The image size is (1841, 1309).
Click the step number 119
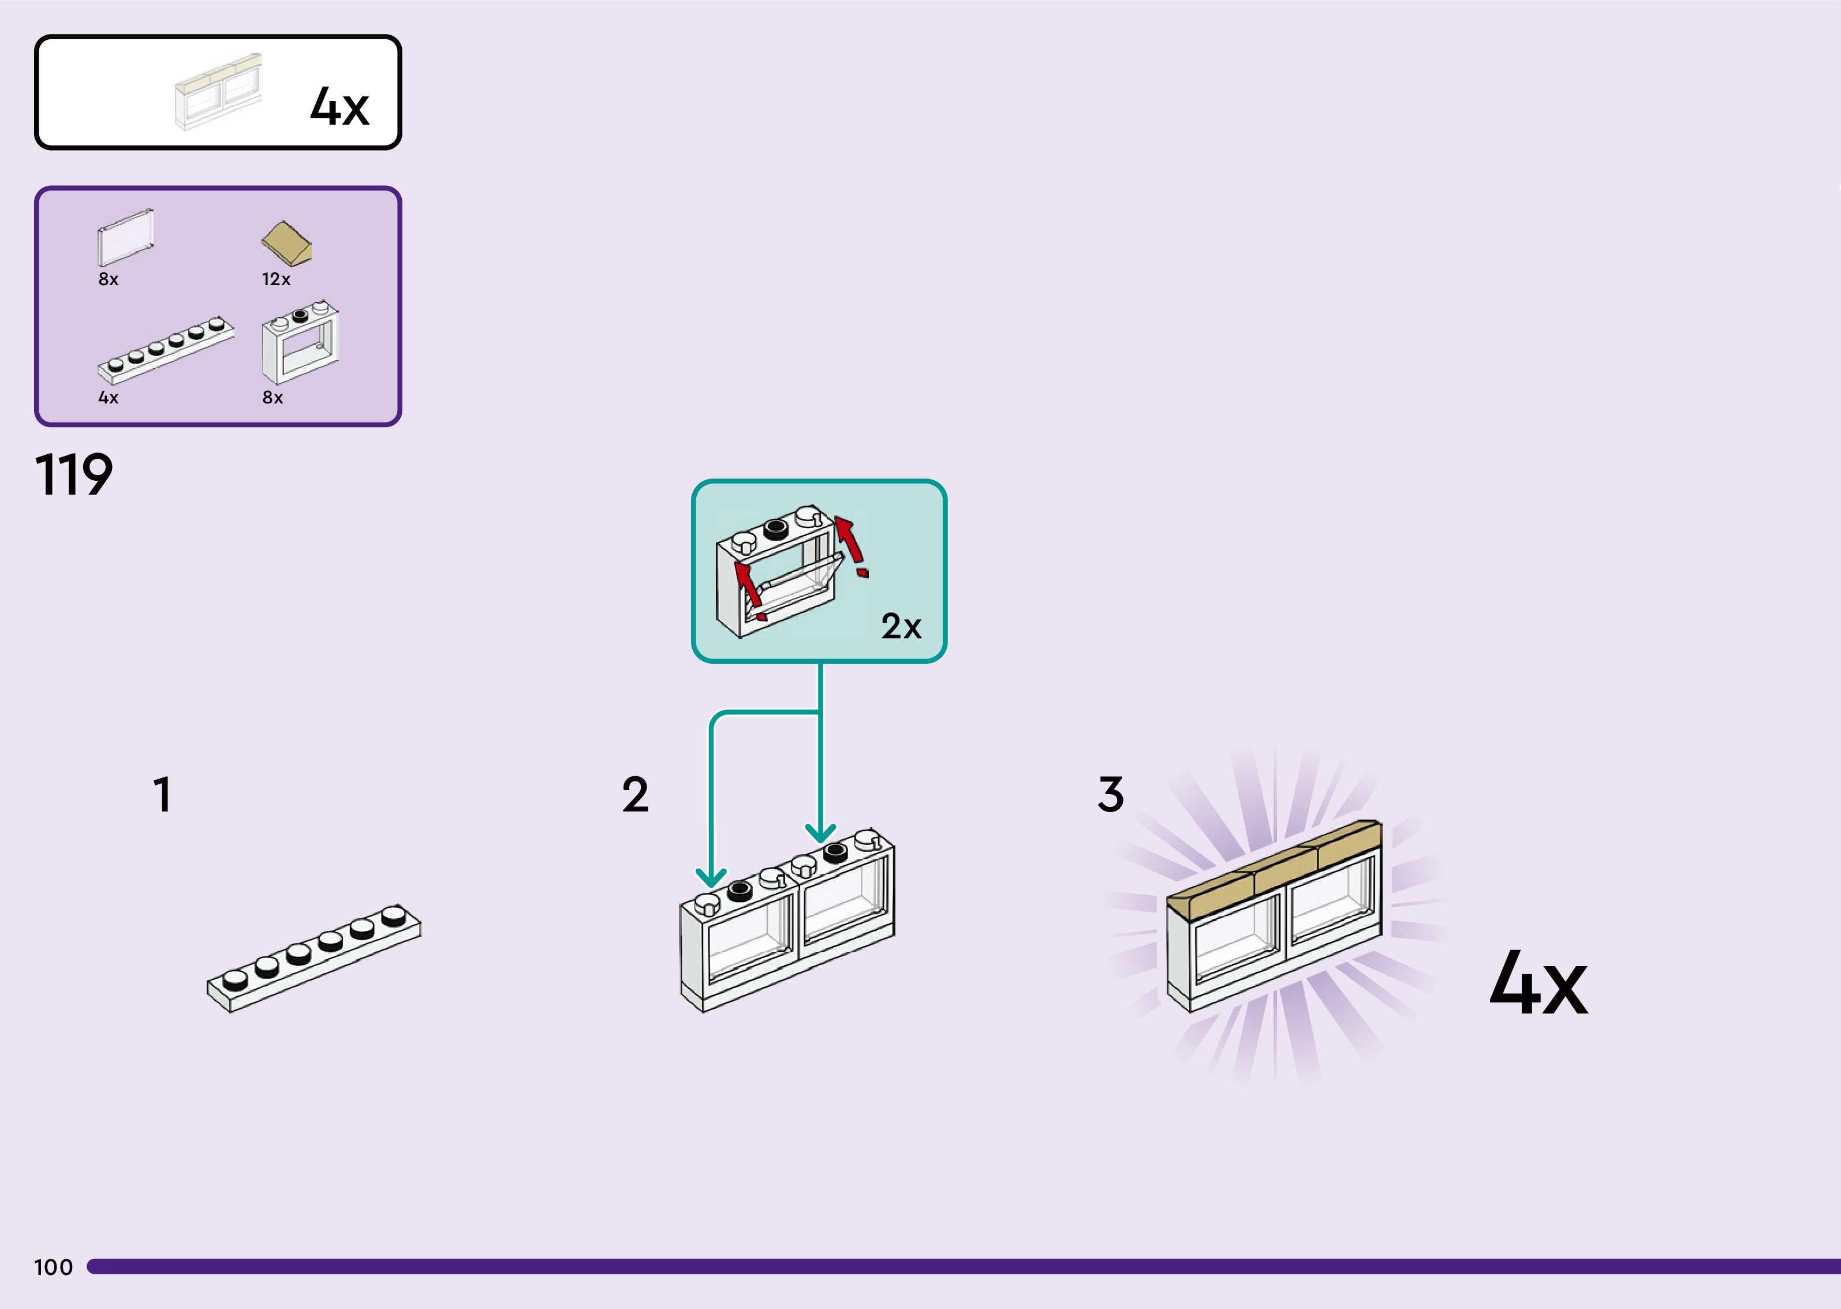(x=73, y=475)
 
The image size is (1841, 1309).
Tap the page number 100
(x=53, y=1267)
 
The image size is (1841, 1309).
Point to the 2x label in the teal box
(x=901, y=626)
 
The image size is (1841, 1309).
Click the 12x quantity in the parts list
(x=276, y=279)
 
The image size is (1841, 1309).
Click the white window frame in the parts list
(x=300, y=343)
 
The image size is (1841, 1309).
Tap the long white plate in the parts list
(x=165, y=348)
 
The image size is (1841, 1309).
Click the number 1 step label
(x=162, y=795)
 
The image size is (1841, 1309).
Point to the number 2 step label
(x=635, y=795)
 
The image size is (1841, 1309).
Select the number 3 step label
(x=1110, y=795)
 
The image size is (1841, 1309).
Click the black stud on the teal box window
(x=775, y=528)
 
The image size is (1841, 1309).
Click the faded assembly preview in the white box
(x=218, y=92)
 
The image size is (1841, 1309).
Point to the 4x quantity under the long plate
(x=108, y=397)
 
